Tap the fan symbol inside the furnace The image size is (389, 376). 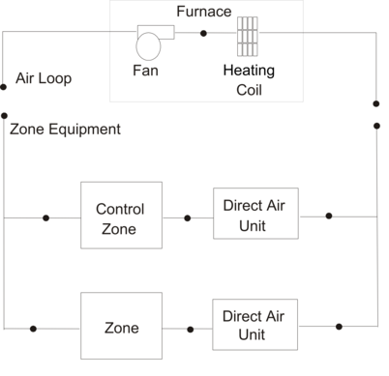[x=152, y=43]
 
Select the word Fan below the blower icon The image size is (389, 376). [x=146, y=72]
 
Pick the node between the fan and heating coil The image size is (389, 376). [x=203, y=34]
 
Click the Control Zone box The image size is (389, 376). [x=120, y=218]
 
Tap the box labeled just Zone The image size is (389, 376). [x=120, y=328]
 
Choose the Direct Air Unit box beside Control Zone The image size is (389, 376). [x=254, y=216]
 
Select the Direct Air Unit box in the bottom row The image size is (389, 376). [x=254, y=325]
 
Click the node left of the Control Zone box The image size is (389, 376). [x=45, y=217]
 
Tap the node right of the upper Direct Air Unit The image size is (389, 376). [x=329, y=216]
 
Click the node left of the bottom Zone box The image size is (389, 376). [x=34, y=329]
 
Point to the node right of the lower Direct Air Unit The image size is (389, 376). [x=338, y=326]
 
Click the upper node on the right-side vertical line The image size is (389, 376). [x=376, y=102]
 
